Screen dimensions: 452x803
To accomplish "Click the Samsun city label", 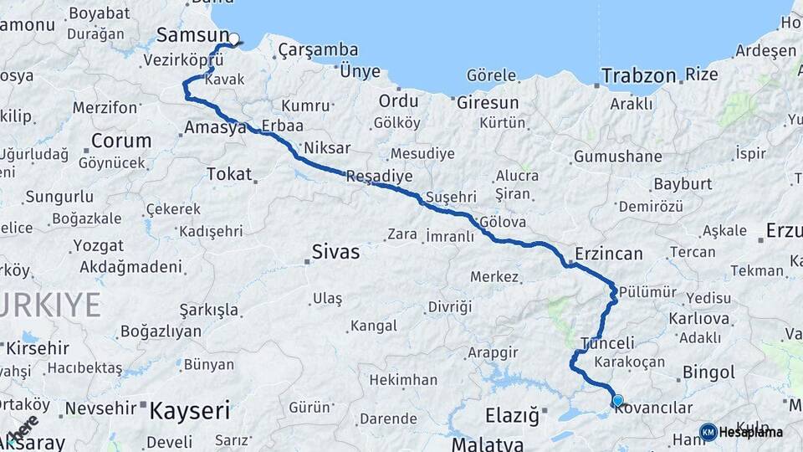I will [x=192, y=35].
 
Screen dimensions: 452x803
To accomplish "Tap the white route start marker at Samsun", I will [x=234, y=38].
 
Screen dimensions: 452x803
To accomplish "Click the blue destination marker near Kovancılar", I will [x=617, y=401].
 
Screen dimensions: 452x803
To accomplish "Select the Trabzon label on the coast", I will [x=638, y=75].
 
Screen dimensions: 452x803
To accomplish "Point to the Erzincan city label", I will [x=609, y=254].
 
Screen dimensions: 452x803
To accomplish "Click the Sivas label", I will [x=335, y=251].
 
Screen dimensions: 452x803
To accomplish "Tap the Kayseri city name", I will [x=189, y=410].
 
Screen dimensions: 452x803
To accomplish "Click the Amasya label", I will [x=214, y=128].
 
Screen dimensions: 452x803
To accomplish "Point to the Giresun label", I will [x=488, y=102].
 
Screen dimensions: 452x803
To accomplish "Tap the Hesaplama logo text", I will [x=750, y=432].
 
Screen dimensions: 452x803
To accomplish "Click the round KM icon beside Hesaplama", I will [x=708, y=432].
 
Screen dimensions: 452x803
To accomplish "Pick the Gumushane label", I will [x=617, y=157].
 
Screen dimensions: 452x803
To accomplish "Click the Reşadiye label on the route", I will [x=379, y=177].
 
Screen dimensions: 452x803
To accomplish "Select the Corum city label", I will [x=121, y=140].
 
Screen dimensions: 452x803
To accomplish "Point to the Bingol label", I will [x=708, y=372].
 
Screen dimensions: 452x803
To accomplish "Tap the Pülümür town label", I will [x=647, y=292].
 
